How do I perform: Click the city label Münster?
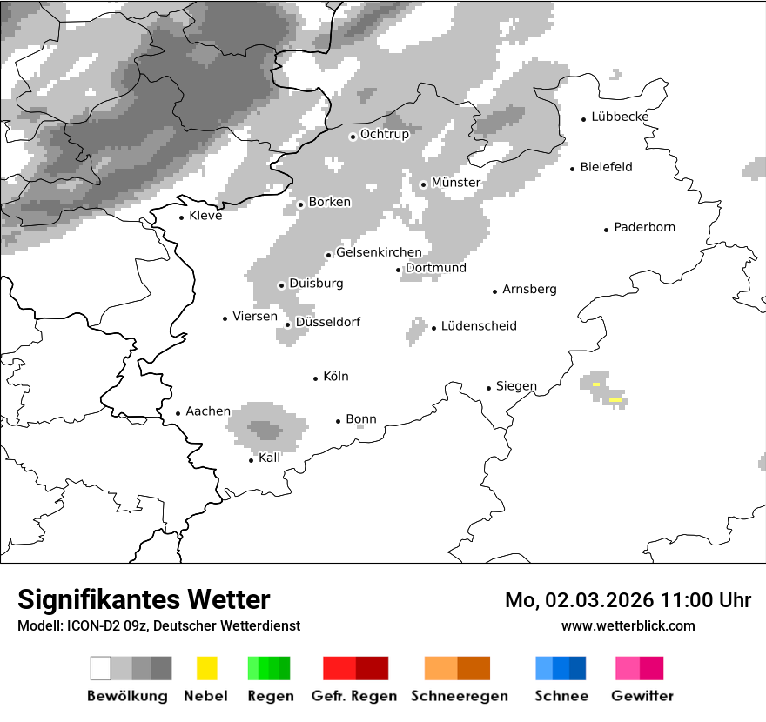click(x=455, y=183)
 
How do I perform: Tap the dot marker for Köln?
click(x=316, y=378)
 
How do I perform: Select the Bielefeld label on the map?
click(x=606, y=167)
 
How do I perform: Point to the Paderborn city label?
click(x=644, y=228)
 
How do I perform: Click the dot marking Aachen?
click(x=178, y=414)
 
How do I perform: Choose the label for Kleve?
click(x=205, y=216)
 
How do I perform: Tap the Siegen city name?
click(x=516, y=386)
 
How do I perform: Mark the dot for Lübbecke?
click(x=584, y=119)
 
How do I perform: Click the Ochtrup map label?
click(x=384, y=135)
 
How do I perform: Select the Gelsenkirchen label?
click(x=379, y=253)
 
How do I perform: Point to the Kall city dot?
click(x=252, y=460)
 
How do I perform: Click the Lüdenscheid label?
click(x=479, y=326)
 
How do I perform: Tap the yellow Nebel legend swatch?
click(x=206, y=668)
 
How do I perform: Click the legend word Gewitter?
click(x=642, y=696)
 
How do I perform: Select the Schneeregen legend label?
click(x=460, y=696)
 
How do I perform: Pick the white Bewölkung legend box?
click(x=101, y=668)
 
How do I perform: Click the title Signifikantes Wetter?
click(x=144, y=600)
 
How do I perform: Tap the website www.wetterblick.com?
click(x=628, y=626)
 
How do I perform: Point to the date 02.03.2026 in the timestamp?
click(x=600, y=600)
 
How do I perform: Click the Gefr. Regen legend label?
click(x=353, y=696)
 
